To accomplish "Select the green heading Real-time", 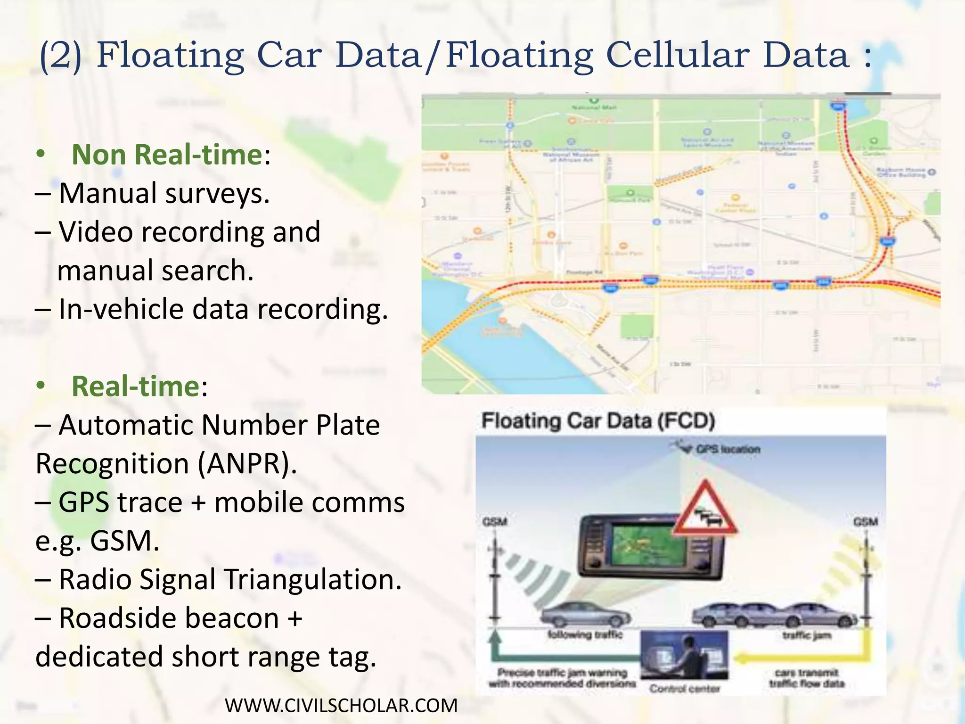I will (x=136, y=386).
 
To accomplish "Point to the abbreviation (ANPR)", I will (x=247, y=463).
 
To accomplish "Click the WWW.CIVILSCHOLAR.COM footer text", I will (x=341, y=706).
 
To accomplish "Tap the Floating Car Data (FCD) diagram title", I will (x=598, y=420).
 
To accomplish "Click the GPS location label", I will (x=728, y=449).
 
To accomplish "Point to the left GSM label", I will (x=494, y=521).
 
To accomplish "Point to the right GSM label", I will (x=865, y=521).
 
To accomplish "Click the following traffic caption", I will (x=585, y=635).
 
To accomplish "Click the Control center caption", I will (x=684, y=689).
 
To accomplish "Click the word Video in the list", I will (x=96, y=232).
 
